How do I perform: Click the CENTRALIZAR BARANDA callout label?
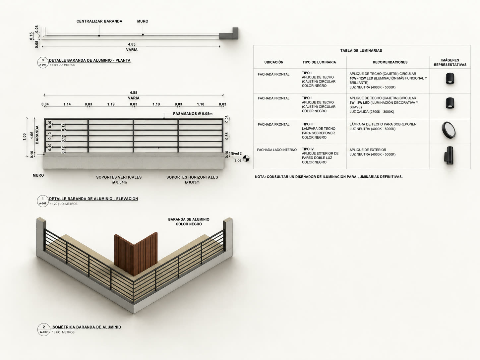coord(99,21)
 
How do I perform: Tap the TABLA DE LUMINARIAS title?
coord(361,50)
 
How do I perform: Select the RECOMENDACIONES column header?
coord(390,62)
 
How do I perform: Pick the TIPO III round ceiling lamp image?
coord(449,130)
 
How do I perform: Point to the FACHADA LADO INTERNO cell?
coord(276,150)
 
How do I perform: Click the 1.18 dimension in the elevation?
coord(201,104)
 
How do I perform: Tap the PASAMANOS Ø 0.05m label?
coord(193,114)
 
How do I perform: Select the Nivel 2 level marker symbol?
coord(246,158)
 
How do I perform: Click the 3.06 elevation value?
coord(238,161)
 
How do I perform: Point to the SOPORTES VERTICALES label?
coord(119,180)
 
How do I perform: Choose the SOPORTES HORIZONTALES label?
coord(192,180)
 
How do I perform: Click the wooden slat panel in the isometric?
coord(136,254)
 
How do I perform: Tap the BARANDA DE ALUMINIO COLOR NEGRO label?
coord(189,222)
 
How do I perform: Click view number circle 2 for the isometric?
coord(44,330)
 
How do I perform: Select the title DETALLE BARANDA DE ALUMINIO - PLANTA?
coord(90,60)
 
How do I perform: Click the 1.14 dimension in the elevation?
coord(67,104)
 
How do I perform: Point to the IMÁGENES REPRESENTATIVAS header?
coord(450,63)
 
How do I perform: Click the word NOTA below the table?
coord(260,177)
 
